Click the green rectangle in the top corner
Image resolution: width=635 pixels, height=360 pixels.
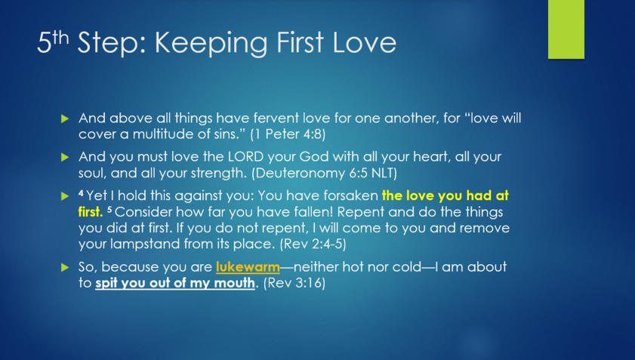click(566, 29)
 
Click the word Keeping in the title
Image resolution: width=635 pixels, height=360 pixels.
click(211, 43)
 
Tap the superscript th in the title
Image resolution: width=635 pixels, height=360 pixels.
click(60, 38)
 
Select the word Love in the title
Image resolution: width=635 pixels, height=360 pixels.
click(364, 42)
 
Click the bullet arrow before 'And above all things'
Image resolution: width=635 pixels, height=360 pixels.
click(65, 118)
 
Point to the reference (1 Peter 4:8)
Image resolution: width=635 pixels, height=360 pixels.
click(288, 134)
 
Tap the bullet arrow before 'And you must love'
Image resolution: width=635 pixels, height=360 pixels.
click(65, 157)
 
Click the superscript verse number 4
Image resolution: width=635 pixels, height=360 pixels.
click(81, 193)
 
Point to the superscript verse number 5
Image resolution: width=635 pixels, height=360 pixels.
click(109, 209)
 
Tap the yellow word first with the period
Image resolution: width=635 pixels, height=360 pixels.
click(91, 212)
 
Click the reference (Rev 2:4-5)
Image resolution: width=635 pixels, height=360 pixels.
click(313, 244)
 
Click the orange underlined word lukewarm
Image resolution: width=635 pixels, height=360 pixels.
click(248, 267)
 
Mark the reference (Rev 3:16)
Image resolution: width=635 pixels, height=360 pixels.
click(294, 283)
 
